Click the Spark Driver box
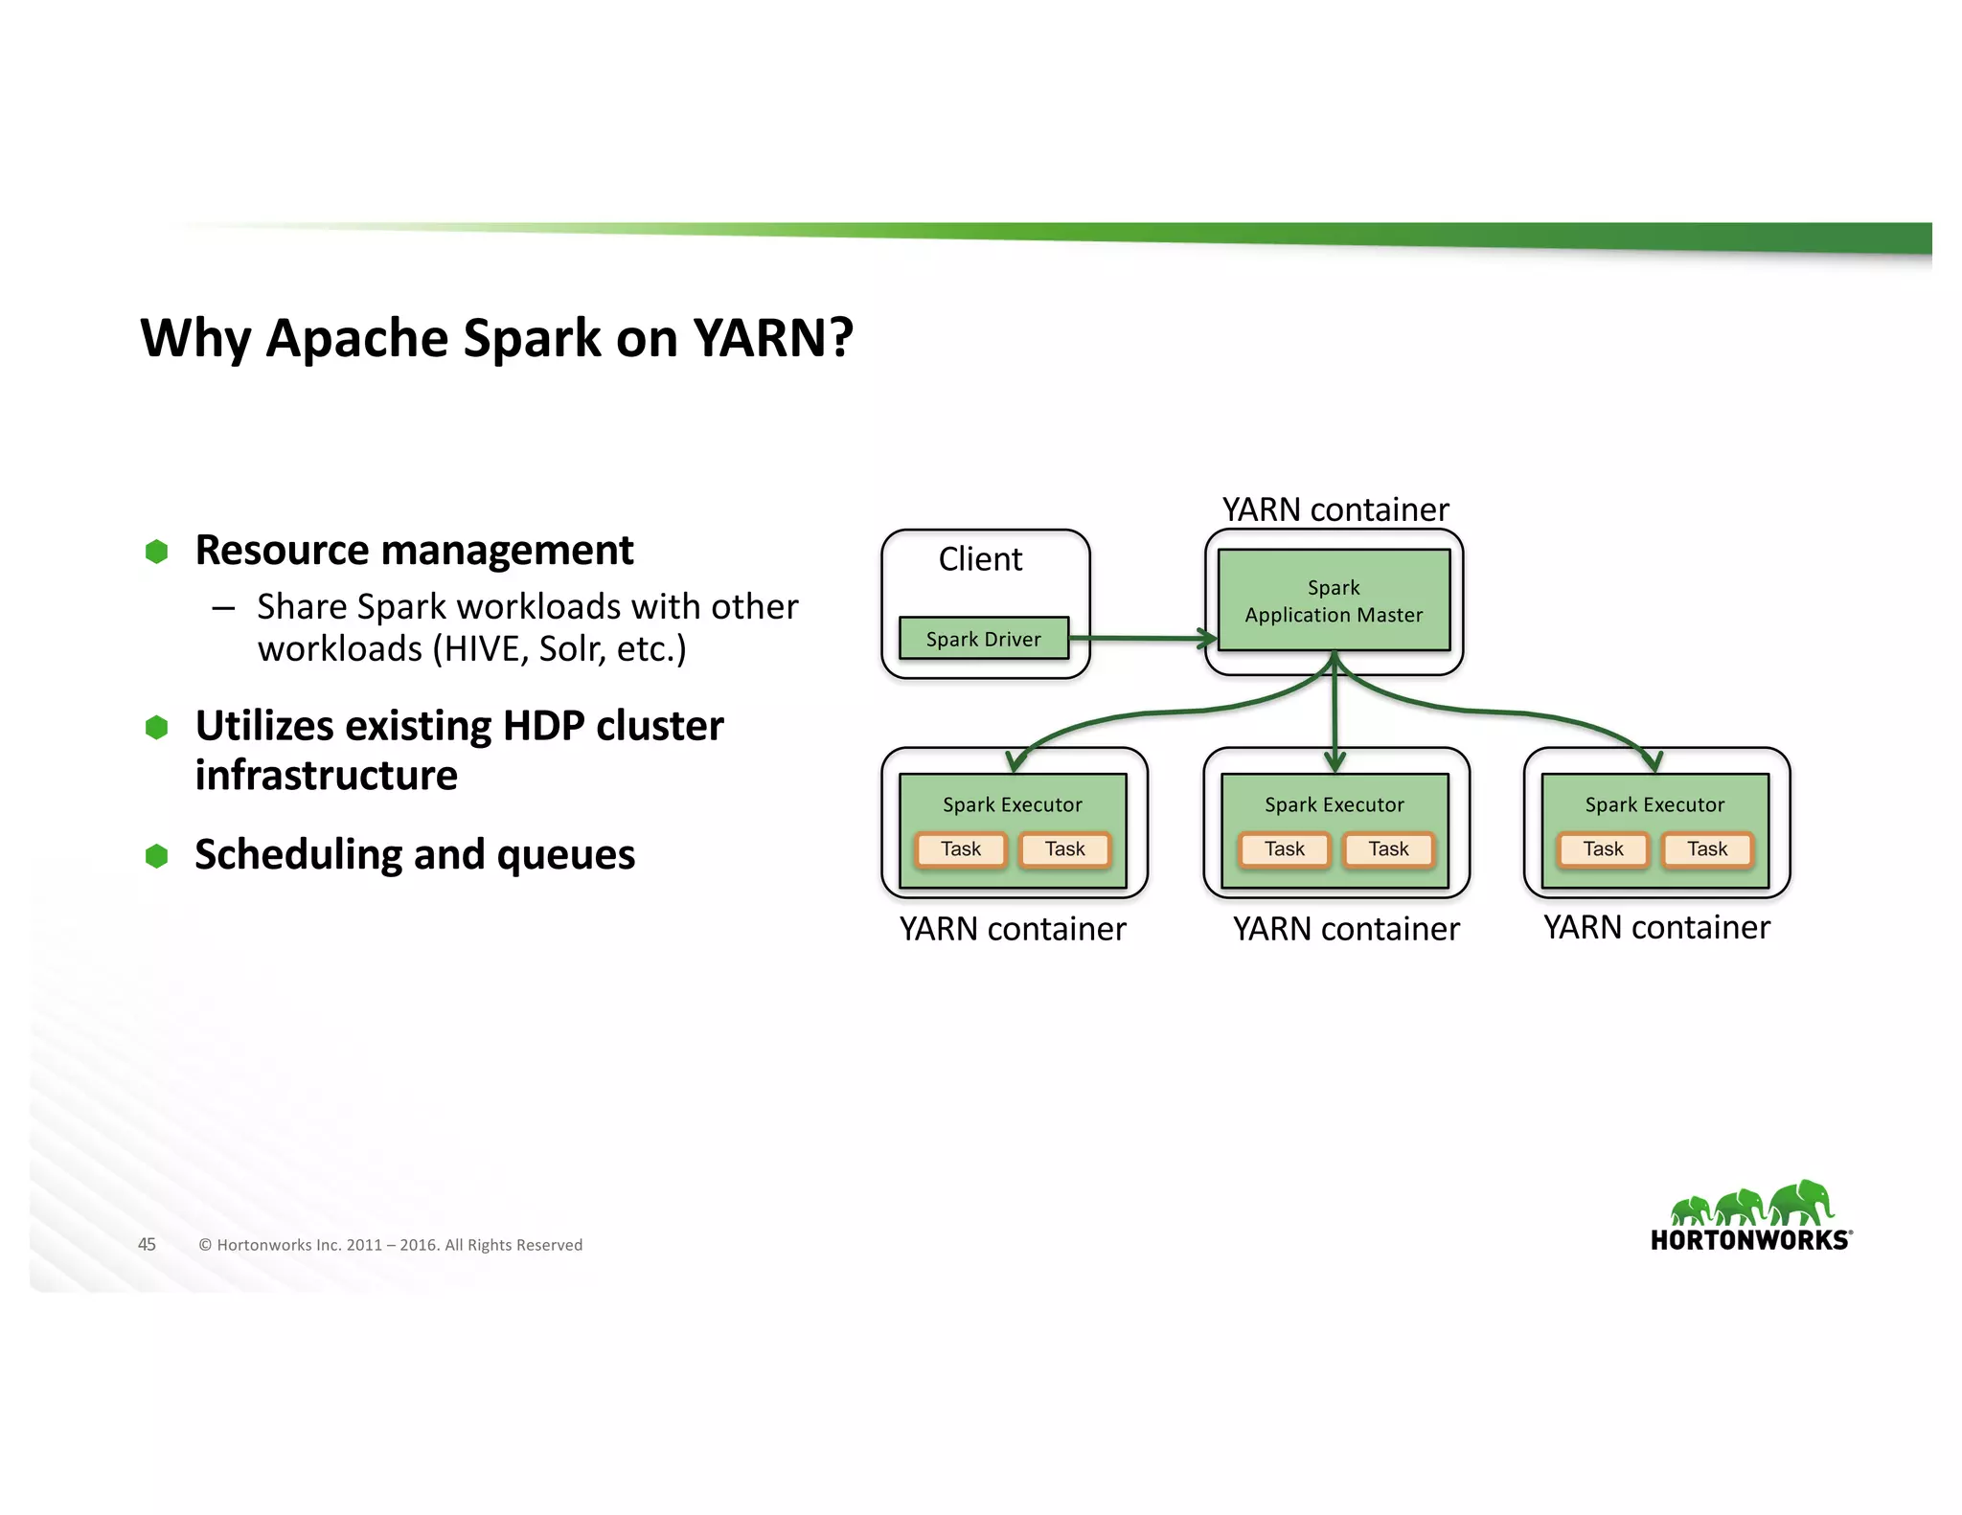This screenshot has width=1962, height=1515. point(983,638)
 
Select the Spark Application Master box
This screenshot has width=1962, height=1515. point(1334,600)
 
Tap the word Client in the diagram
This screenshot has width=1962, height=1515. point(980,559)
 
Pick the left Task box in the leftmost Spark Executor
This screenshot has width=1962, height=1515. point(961,849)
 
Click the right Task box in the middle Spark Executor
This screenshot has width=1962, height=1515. point(1388,849)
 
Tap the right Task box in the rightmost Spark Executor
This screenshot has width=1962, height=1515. point(1707,849)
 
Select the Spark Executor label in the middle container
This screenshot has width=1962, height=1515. point(1334,804)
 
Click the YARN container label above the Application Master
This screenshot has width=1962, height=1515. point(1335,509)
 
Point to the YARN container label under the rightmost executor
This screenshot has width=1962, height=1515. point(1656,927)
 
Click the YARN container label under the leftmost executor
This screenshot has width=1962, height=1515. point(1013,929)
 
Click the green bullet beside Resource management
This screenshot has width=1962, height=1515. point(157,552)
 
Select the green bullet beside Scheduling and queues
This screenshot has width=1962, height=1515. point(157,855)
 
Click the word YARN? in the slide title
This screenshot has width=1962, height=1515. point(772,338)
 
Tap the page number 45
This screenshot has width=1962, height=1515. point(147,1244)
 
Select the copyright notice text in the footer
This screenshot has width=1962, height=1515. point(390,1245)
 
